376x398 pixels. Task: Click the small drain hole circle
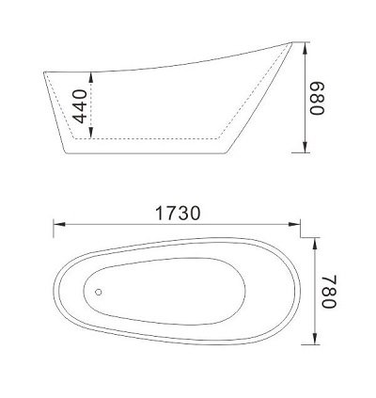click(98, 292)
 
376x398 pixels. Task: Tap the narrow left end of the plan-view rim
click(53, 289)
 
